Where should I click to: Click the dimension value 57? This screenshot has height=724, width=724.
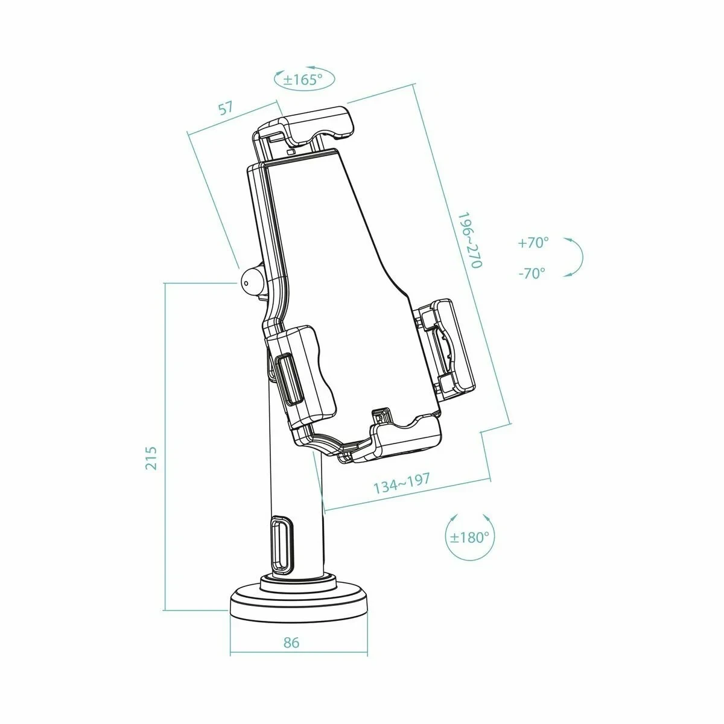tap(225, 109)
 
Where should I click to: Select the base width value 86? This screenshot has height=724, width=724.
tap(291, 643)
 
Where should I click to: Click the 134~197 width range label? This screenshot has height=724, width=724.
tap(402, 482)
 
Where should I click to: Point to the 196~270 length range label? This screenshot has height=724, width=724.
tap(469, 240)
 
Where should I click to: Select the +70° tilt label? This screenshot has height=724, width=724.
tap(533, 243)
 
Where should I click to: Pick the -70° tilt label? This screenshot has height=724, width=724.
tap(532, 273)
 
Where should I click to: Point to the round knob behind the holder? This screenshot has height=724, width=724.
tap(250, 279)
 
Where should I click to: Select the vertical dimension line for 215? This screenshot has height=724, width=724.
tap(165, 446)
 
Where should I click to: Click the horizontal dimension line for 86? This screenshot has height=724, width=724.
tap(299, 653)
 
